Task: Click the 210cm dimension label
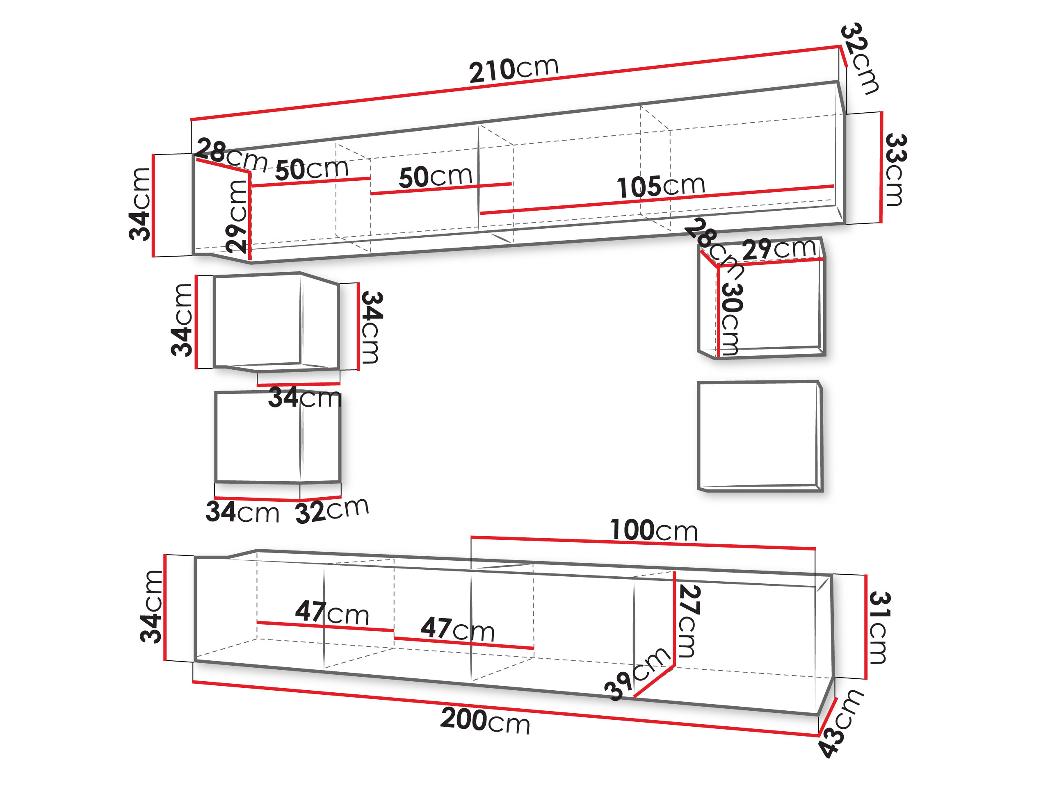point(514,70)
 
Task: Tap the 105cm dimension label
point(661,186)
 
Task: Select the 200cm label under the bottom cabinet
point(485,720)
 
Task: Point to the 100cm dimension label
point(654,530)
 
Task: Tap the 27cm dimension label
point(689,621)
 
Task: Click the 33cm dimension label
point(895,170)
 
